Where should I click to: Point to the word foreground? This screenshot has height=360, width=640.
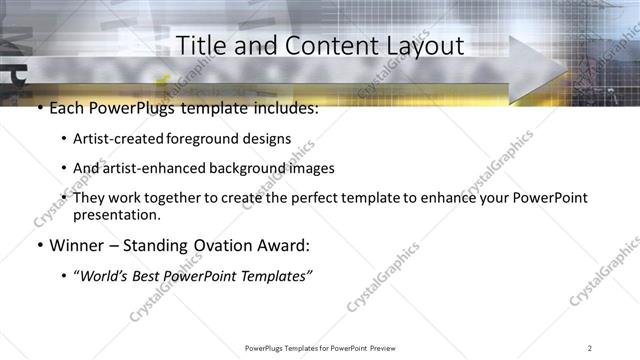click(209, 139)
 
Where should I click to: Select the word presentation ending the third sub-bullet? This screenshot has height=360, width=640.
click(116, 214)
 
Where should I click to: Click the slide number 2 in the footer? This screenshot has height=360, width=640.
click(590, 347)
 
